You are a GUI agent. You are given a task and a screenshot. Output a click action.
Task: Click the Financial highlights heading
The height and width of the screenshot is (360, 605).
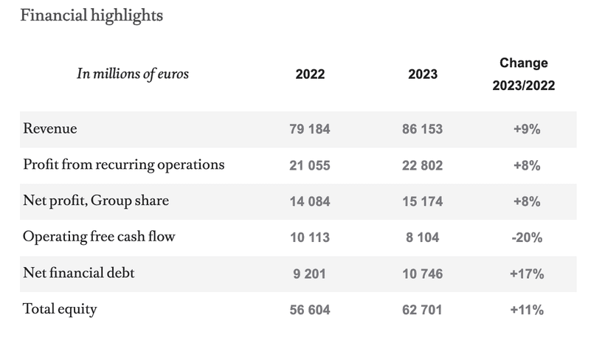click(91, 15)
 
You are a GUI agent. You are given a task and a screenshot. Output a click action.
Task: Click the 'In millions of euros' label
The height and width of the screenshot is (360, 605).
click(133, 74)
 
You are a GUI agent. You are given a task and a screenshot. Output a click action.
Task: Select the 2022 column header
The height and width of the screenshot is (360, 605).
click(310, 75)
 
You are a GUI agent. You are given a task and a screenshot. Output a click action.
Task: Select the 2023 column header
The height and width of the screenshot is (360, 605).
click(422, 75)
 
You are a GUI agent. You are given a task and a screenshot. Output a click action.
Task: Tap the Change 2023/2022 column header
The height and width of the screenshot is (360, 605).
click(523, 75)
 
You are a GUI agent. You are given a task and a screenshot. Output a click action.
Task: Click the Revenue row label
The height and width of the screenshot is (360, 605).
click(50, 129)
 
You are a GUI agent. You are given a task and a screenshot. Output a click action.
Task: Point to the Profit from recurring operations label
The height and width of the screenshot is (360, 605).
click(123, 165)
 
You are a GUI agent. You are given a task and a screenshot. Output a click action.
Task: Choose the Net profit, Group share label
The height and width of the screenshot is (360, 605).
click(96, 201)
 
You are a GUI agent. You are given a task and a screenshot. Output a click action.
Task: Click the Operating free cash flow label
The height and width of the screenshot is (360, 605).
click(99, 238)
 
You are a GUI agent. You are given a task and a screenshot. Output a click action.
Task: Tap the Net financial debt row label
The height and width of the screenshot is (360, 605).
click(79, 274)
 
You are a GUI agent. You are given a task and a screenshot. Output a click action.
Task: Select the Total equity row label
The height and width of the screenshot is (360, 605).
click(60, 310)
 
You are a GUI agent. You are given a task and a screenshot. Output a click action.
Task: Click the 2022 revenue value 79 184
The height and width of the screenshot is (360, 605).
click(310, 130)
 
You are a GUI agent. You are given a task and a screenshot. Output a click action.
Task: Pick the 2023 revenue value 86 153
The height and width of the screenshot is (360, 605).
click(422, 130)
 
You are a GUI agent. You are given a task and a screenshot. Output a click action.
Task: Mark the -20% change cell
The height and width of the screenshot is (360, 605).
click(527, 238)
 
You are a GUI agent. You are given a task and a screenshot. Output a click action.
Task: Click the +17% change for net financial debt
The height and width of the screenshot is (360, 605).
click(527, 274)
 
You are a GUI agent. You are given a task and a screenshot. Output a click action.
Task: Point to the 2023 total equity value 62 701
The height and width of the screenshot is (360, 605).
click(422, 310)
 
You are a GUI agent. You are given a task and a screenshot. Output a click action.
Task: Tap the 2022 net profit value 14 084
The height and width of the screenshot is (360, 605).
click(310, 201)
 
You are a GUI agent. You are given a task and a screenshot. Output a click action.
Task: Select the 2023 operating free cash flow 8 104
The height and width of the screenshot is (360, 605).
click(422, 238)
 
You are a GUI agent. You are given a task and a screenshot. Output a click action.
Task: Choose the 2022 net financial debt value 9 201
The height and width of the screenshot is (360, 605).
click(310, 274)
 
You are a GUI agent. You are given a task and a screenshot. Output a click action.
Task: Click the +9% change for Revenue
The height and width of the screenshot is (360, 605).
click(527, 130)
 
